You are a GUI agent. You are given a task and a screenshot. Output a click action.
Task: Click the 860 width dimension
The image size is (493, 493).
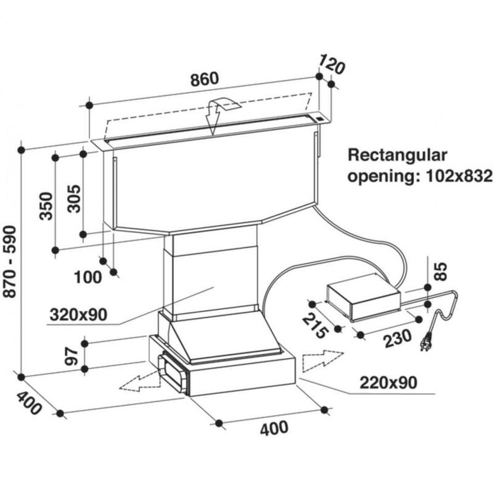205,79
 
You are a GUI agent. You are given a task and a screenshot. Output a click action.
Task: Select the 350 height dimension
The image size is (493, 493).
46,206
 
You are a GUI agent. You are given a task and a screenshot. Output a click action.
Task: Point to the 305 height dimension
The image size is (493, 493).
74,199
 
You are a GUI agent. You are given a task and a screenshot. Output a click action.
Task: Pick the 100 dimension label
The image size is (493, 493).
88,277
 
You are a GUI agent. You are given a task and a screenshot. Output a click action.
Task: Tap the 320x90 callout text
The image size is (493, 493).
78,315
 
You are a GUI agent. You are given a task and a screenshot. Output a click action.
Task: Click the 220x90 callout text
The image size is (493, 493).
388,383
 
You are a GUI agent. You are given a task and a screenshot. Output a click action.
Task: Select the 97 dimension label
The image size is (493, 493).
71,356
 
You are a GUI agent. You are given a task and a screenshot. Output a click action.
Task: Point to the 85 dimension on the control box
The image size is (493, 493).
442,271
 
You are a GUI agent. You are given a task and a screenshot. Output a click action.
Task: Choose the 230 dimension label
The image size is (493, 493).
397,338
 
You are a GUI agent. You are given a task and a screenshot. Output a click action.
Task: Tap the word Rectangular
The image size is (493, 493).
397,156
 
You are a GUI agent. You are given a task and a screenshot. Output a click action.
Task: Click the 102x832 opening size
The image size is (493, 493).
458,176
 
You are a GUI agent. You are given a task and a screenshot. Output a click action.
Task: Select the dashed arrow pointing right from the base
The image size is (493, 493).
322,361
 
